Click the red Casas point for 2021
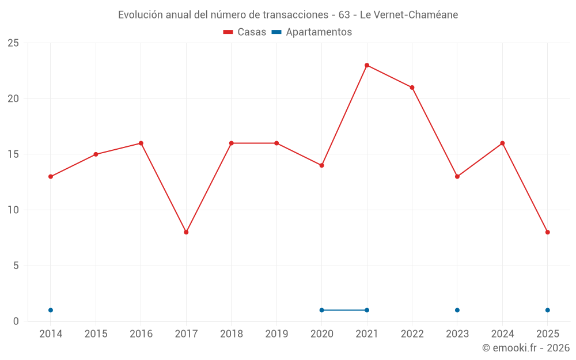click(x=367, y=65)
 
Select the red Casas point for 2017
click(x=186, y=232)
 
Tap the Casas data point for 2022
click(x=412, y=88)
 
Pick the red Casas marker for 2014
click(x=51, y=177)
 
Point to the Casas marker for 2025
click(x=548, y=232)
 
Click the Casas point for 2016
click(x=141, y=143)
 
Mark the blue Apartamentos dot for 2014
click(x=51, y=310)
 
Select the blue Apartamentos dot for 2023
click(x=457, y=310)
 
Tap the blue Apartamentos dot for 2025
click(x=548, y=310)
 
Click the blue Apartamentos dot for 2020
click(x=322, y=310)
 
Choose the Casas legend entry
click(x=245, y=32)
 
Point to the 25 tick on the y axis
click(x=13, y=43)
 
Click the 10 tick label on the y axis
click(x=13, y=210)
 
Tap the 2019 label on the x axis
click(x=276, y=334)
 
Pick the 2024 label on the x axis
click(x=502, y=334)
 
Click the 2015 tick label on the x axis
click(x=96, y=334)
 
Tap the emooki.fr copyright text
click(x=525, y=348)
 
